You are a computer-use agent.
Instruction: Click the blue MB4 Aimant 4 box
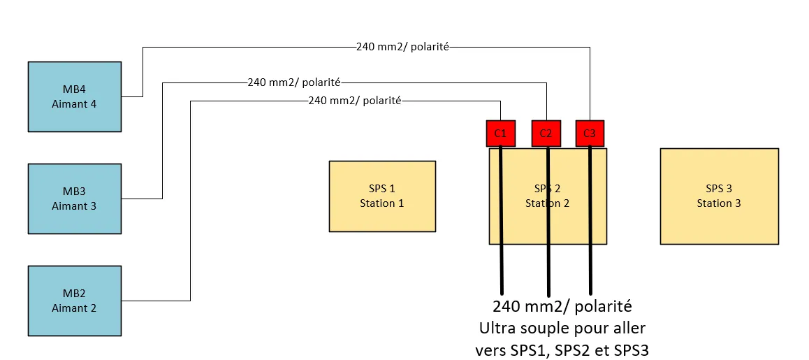click(x=75, y=96)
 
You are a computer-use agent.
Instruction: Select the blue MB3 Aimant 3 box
click(x=75, y=199)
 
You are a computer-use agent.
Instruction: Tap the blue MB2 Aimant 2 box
click(x=75, y=301)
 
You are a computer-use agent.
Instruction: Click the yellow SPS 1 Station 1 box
click(x=382, y=196)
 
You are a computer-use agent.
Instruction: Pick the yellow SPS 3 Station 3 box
click(x=719, y=196)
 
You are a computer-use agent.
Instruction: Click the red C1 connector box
click(x=500, y=134)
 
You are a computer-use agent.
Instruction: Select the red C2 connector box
click(x=546, y=134)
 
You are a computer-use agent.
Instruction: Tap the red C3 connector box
click(x=590, y=134)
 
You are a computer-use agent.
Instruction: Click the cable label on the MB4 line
click(x=402, y=47)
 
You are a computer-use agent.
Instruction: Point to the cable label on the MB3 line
click(x=294, y=82)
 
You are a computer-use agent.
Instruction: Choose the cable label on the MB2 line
click(x=354, y=101)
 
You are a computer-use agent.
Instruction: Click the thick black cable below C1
click(x=501, y=221)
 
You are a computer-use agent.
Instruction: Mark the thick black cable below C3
click(x=590, y=221)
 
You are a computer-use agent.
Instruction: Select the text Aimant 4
click(x=74, y=104)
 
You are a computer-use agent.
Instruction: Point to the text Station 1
click(x=382, y=203)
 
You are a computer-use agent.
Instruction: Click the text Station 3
click(x=719, y=203)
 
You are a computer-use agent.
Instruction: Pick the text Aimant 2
click(x=74, y=308)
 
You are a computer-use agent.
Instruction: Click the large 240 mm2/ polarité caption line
click(x=562, y=307)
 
